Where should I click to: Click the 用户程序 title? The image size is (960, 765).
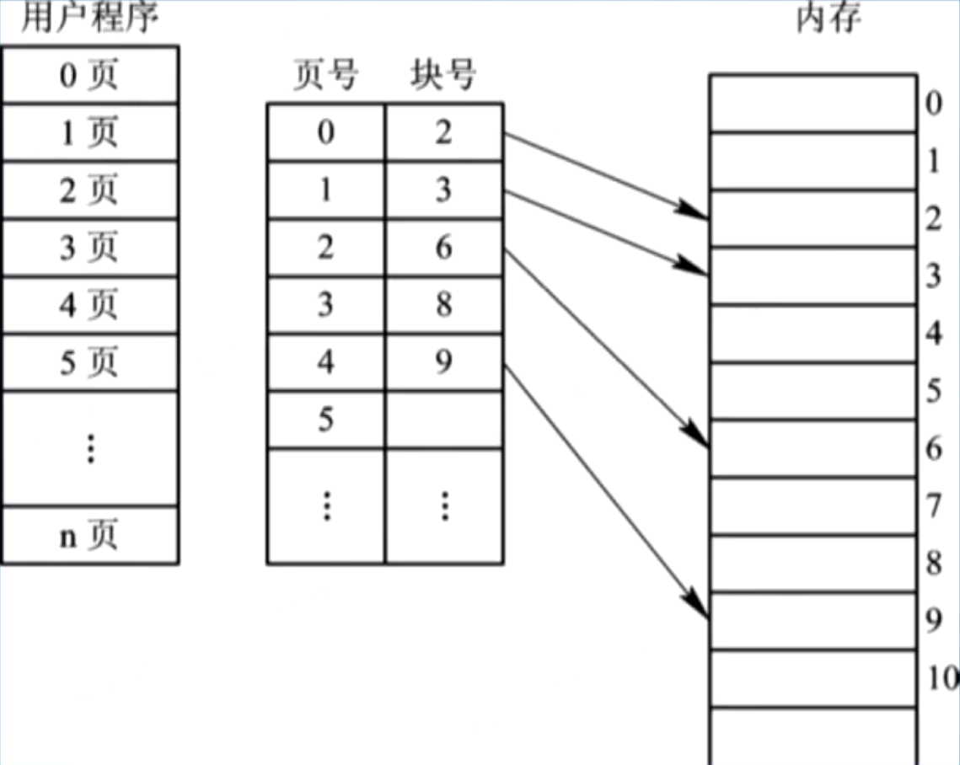click(89, 19)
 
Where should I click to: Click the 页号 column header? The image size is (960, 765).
click(325, 77)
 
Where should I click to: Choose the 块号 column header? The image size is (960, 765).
click(443, 77)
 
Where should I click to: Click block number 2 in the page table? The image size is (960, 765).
click(444, 133)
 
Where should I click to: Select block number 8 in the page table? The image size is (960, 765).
click(444, 305)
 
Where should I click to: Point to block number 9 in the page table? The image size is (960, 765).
click(444, 362)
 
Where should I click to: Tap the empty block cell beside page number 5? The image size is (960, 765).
click(444, 420)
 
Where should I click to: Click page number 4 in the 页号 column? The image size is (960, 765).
click(326, 362)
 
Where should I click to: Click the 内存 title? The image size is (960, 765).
click(829, 19)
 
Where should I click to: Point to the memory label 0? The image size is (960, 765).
click(933, 104)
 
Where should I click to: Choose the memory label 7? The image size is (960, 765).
click(933, 506)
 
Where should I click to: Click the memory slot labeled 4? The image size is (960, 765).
click(813, 334)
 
